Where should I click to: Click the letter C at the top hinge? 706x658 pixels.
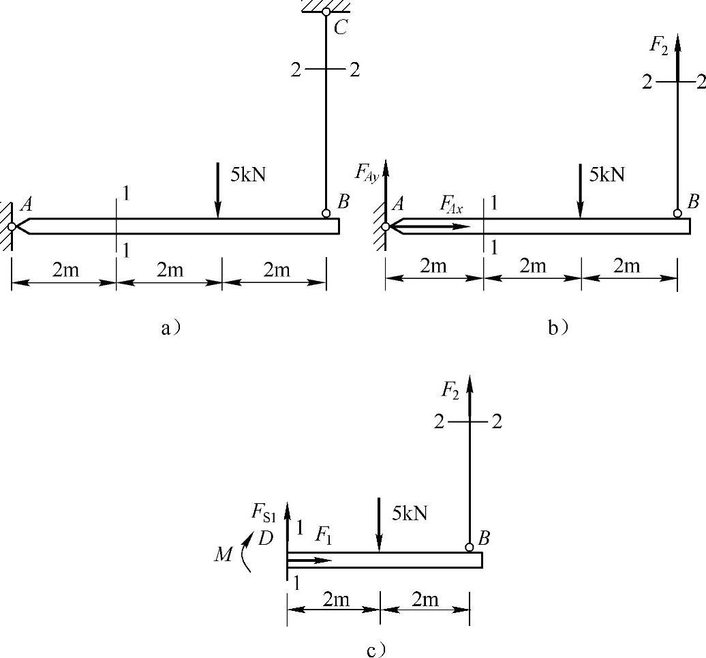coord(341,28)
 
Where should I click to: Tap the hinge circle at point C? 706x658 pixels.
coord(326,12)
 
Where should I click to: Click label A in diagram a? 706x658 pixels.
coord(27,205)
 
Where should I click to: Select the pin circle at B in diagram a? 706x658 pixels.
coord(326,213)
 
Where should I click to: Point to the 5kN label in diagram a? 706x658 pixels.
coord(248,175)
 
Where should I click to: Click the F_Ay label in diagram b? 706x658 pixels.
coord(366,172)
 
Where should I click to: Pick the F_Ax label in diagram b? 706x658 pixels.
coord(451,205)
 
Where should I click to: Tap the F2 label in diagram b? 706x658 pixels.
coord(659,45)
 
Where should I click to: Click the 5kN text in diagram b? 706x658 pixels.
coord(607,175)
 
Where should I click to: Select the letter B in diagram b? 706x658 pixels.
coord(694,201)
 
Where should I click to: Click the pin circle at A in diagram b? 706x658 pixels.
coord(386,226)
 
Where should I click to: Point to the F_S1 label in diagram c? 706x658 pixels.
coord(264,513)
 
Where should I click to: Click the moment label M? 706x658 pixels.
coord(224,554)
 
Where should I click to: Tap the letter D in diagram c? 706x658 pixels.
coord(266,538)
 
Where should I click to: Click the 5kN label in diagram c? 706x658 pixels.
coord(410,513)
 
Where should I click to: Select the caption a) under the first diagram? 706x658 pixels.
coord(171,328)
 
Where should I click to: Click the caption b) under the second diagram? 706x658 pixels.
coord(558,328)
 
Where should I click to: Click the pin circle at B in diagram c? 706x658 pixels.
coord(469,548)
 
